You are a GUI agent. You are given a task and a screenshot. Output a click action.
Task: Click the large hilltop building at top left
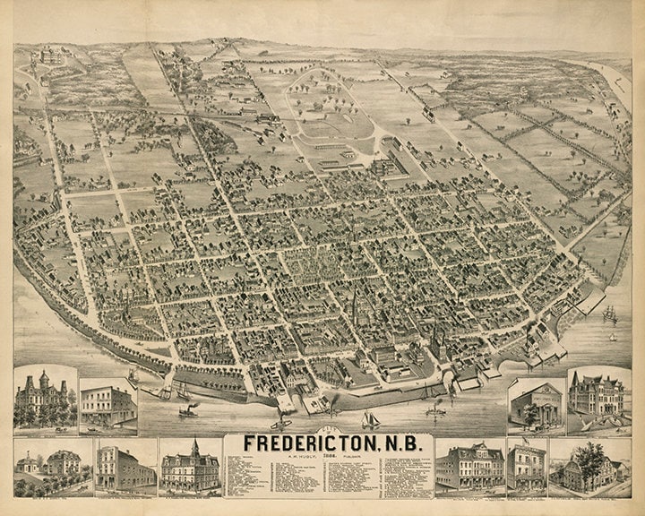pyautogui.click(x=47, y=56)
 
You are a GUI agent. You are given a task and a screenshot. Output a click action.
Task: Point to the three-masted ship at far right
pyautogui.click(x=610, y=314)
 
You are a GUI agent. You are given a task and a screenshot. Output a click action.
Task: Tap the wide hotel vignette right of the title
pyautogui.click(x=469, y=466)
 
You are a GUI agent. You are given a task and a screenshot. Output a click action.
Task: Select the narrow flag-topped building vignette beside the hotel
pyautogui.click(x=526, y=466)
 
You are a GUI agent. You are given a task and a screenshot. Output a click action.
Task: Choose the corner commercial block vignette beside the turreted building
pyautogui.click(x=107, y=405)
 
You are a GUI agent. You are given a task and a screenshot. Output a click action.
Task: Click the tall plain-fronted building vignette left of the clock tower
pyautogui.click(x=125, y=466)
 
